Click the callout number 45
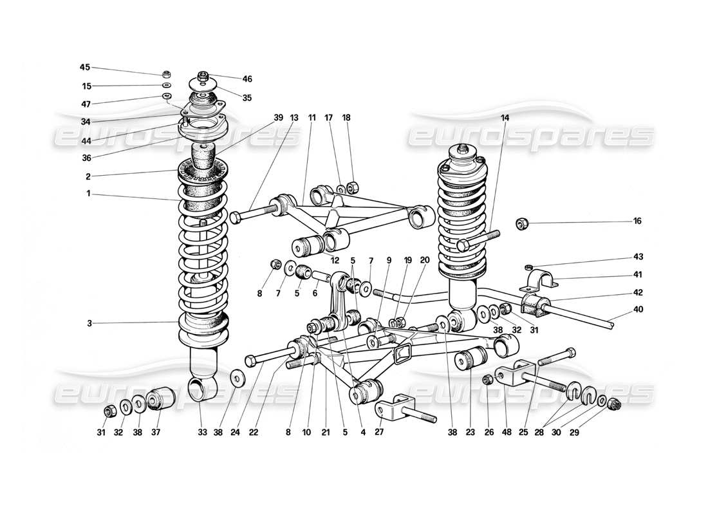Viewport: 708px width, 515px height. point(85,67)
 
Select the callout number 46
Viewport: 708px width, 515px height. point(247,79)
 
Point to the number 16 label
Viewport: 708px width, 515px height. point(637,221)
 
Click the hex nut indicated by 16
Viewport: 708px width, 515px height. point(523,224)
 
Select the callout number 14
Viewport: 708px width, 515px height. point(504,118)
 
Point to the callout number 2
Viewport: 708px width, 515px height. point(88,176)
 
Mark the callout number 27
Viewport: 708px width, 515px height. point(379,433)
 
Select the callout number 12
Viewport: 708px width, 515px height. point(335,261)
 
